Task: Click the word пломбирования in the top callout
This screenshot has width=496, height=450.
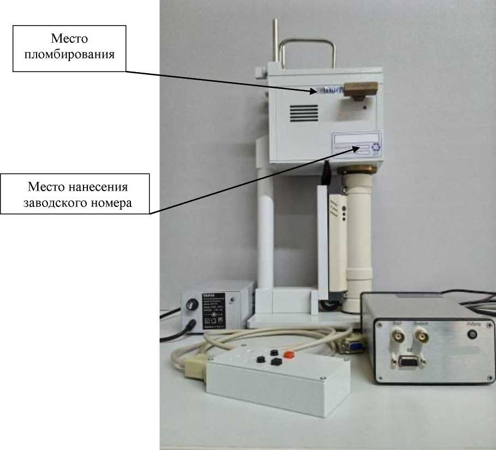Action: tap(70, 55)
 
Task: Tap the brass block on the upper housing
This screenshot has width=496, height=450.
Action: tap(358, 89)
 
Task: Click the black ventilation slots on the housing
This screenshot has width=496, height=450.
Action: tap(303, 114)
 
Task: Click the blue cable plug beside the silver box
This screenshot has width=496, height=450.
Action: tap(349, 345)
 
